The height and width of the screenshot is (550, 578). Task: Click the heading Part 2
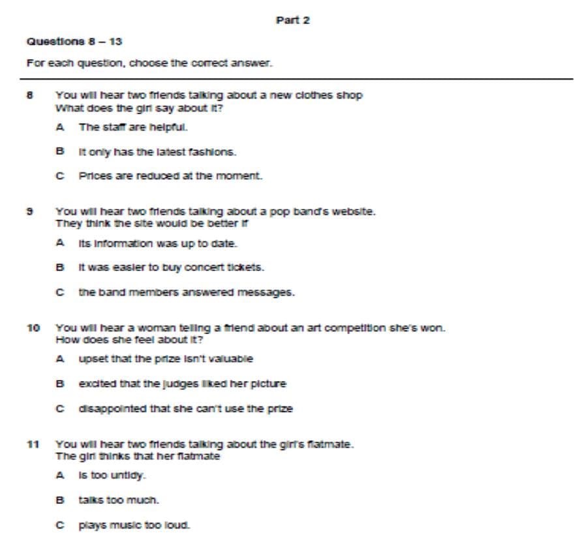click(x=293, y=20)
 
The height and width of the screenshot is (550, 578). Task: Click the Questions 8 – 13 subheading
click(x=74, y=41)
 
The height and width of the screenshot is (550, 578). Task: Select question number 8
click(x=29, y=95)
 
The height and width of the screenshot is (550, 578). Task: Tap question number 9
click(x=29, y=211)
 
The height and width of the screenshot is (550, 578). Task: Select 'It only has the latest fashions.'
click(x=157, y=151)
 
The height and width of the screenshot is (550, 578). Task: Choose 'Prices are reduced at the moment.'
click(x=170, y=176)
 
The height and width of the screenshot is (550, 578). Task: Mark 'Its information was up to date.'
click(x=158, y=243)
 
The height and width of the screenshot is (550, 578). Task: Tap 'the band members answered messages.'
click(x=187, y=293)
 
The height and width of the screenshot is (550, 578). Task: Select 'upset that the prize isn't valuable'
click(x=166, y=358)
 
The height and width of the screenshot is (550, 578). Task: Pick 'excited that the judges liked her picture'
click(x=182, y=384)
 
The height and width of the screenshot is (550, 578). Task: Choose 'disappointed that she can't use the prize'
click(x=185, y=409)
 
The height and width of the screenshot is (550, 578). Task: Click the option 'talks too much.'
click(x=110, y=500)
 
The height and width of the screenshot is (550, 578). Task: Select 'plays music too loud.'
click(x=134, y=525)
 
